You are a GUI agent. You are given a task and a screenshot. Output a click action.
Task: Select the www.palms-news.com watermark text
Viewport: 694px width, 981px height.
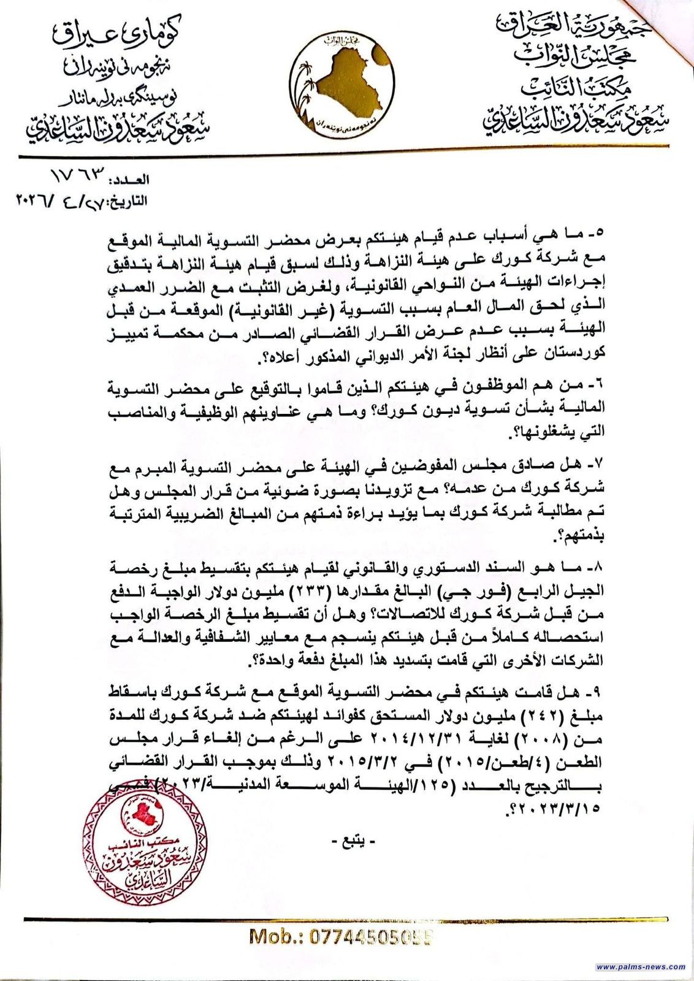pyautogui.click(x=641, y=967)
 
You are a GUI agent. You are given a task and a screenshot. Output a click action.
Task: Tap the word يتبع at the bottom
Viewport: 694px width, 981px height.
pyautogui.click(x=347, y=842)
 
